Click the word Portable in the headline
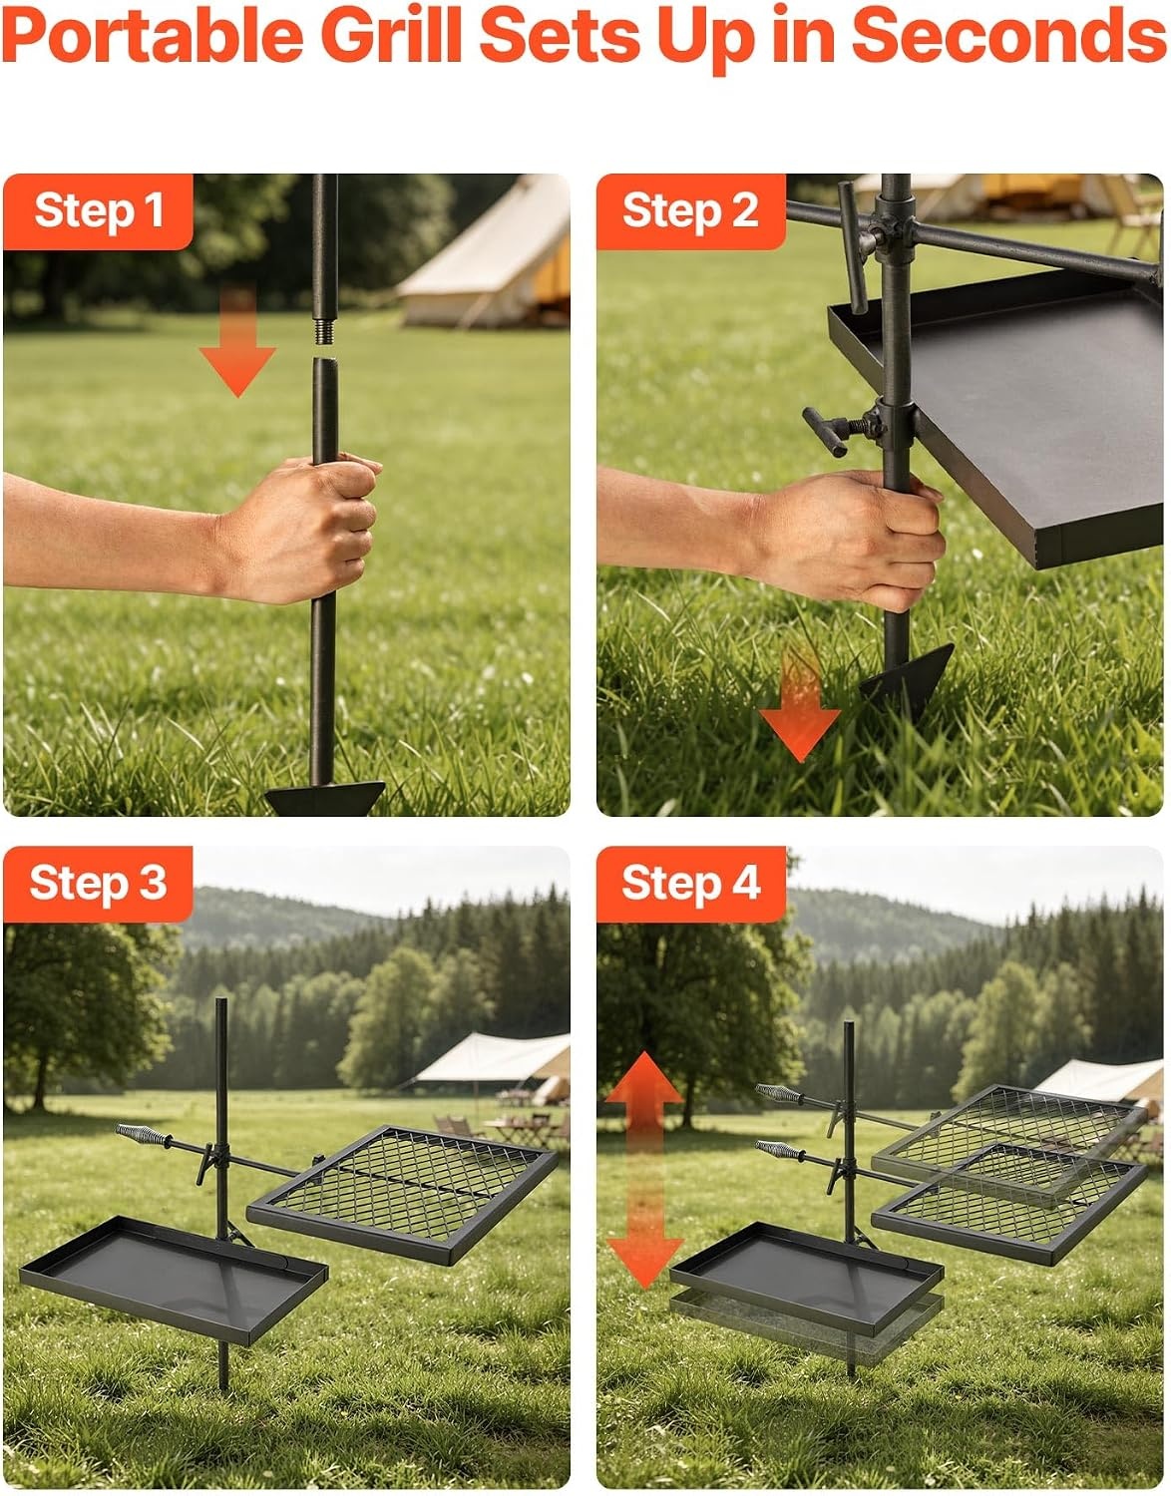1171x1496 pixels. coord(153,38)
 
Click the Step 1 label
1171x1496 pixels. coord(99,210)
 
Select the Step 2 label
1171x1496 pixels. coord(690,210)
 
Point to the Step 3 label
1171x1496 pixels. coord(99,883)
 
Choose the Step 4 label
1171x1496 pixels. coord(691,883)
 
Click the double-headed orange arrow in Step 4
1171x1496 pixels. coord(644,1170)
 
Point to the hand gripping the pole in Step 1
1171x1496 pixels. coord(303,527)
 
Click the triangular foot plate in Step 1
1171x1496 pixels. coord(325,799)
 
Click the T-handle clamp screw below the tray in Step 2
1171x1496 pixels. coord(841,430)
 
